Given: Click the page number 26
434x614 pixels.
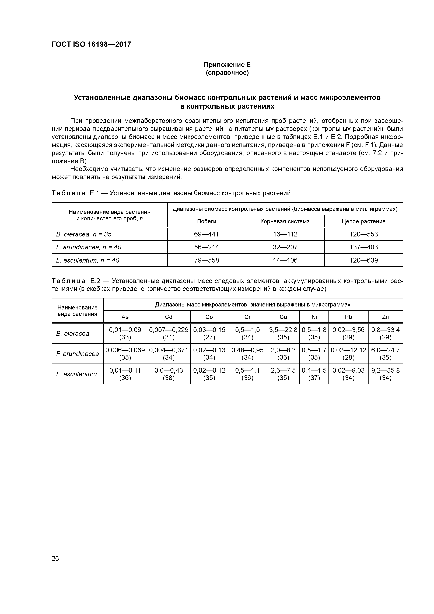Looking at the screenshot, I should tap(55, 558).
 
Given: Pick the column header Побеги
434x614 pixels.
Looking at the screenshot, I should tap(206, 221).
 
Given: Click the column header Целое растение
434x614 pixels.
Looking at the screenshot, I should tap(363, 221).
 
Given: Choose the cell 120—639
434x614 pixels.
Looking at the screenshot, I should tap(363, 260).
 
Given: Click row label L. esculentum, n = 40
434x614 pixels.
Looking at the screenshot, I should tap(87, 260).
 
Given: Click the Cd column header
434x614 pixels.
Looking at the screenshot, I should tap(169, 317).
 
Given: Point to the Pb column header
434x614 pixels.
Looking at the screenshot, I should tap(348, 317).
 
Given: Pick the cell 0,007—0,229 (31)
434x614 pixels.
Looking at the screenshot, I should tap(169, 333).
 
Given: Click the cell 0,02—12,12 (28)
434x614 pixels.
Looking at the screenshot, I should tap(348, 354).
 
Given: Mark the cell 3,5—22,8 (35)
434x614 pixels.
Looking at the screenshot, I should tap(283, 333).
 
